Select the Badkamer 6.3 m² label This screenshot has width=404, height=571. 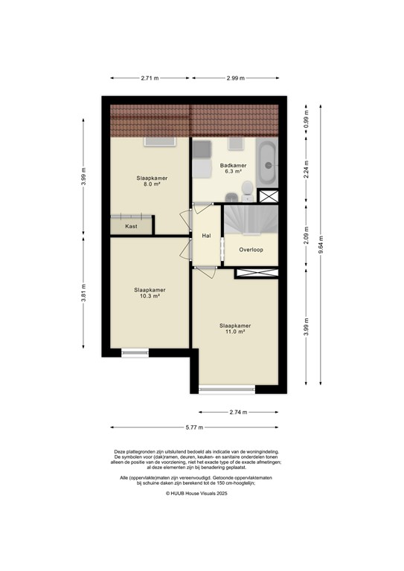[x=233, y=169]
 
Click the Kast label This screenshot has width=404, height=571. [x=131, y=226]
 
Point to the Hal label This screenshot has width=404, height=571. [x=207, y=236]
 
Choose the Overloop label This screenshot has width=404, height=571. [x=251, y=250]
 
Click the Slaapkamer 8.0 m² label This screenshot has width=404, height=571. [x=151, y=182]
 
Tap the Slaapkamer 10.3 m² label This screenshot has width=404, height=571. [x=150, y=293]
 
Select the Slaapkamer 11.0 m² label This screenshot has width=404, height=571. [x=234, y=329]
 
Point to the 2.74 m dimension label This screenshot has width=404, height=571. [x=240, y=411]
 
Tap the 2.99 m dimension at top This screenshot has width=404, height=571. [x=238, y=77]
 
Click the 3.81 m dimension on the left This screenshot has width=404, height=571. [x=84, y=295]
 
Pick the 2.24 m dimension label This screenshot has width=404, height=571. [x=306, y=170]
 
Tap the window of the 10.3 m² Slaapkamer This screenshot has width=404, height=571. [x=135, y=352]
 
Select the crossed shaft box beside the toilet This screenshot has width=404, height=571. [x=268, y=196]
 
